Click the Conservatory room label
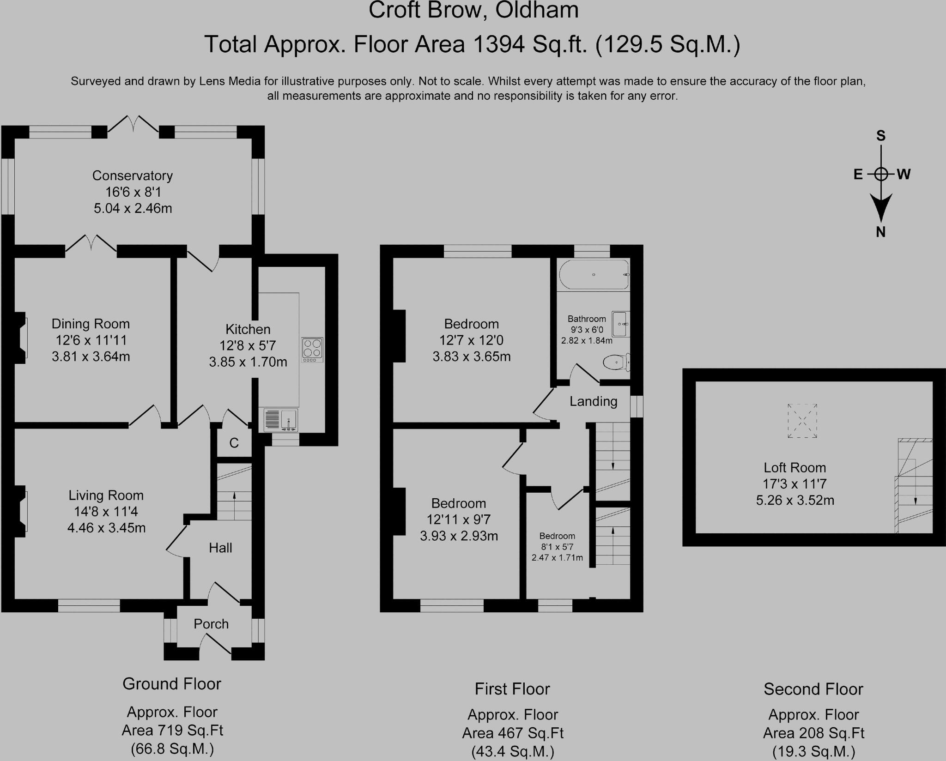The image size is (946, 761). pos(133,175)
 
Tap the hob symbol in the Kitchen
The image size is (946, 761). pos(312,350)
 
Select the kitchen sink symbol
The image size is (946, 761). pos(281,420)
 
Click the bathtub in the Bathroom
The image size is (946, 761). pos(594,275)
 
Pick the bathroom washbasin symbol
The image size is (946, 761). pos(620,324)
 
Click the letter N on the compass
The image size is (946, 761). pos(881,232)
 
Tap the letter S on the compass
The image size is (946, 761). pos(881,136)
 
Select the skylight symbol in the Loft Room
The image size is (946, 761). pos(802,421)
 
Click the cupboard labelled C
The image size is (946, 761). pos(234,443)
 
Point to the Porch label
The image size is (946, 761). pos(211,624)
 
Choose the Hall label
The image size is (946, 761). pos(220,548)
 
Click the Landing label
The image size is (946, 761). pos(593,402)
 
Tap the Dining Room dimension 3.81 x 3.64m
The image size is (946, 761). pos(91,356)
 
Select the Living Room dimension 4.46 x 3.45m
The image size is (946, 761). pos(107,528)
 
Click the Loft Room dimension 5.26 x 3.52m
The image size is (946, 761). pos(795,501)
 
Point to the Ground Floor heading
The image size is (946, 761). pos(172,684)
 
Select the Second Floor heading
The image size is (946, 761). pos(813,689)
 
